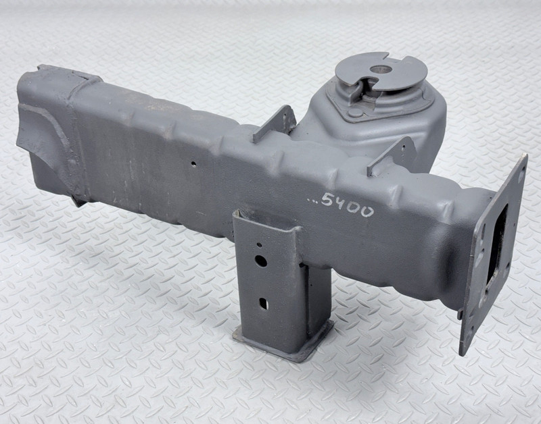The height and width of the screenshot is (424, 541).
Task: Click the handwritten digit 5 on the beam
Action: [x=327, y=198]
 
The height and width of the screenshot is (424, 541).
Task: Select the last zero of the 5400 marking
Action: [x=367, y=211]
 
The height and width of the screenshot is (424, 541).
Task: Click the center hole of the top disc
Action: [x=381, y=70]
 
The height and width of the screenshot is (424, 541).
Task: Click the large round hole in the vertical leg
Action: [x=261, y=261]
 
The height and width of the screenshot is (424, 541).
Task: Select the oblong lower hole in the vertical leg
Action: [x=263, y=303]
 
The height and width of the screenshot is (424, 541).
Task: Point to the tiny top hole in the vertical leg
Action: [x=259, y=245]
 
